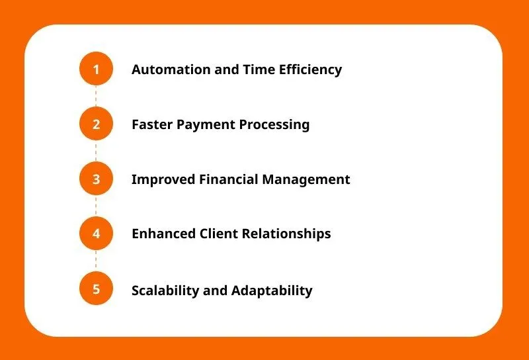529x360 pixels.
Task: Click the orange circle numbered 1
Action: tap(96, 69)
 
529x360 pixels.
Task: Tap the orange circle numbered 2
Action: tap(96, 124)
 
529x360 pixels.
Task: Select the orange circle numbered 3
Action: tap(96, 179)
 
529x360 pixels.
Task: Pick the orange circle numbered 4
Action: tap(96, 234)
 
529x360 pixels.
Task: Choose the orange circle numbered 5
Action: tap(96, 289)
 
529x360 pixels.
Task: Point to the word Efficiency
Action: tap(310, 70)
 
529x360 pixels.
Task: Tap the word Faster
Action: tap(152, 124)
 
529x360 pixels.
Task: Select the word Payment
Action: tap(206, 125)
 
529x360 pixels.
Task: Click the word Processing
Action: tap(274, 125)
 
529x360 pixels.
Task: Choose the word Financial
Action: tap(228, 179)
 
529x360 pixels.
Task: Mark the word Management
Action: tap(306, 180)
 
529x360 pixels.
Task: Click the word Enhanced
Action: tap(163, 234)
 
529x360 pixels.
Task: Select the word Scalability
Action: tap(165, 291)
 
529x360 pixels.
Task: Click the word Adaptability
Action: tap(272, 291)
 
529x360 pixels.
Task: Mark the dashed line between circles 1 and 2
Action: tap(96, 97)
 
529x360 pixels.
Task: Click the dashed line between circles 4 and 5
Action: tap(96, 261)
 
